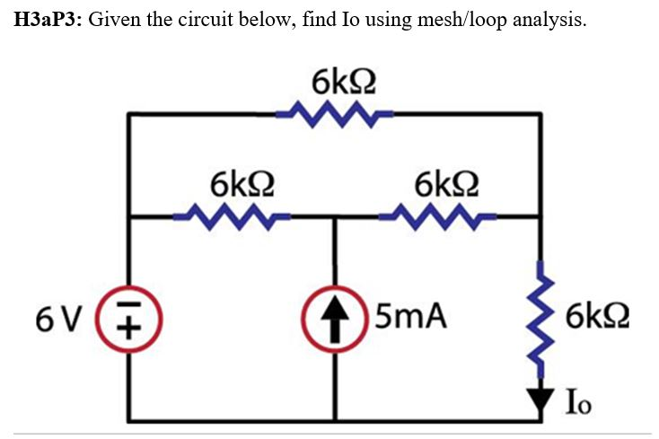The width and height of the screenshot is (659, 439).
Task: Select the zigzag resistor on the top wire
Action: [x=333, y=114]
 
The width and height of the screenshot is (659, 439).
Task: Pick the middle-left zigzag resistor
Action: [x=232, y=216]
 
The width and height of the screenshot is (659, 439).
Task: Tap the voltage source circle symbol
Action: [x=129, y=317]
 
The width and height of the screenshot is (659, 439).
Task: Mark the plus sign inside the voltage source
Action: [x=129, y=327]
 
